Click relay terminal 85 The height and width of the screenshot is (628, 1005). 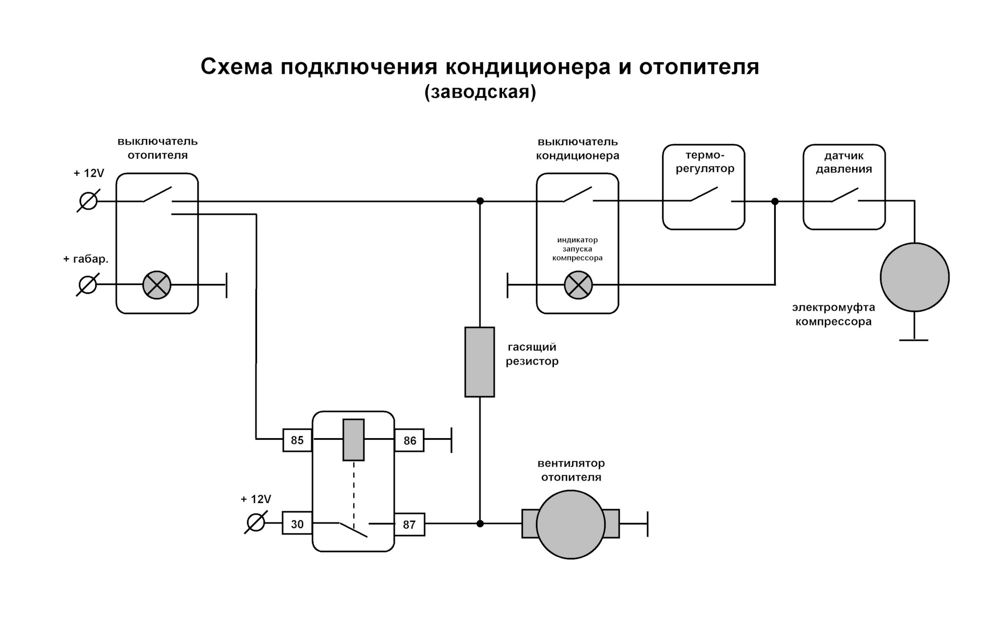pos(297,440)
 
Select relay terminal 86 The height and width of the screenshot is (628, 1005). pos(409,440)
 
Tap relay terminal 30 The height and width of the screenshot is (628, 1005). pos(297,523)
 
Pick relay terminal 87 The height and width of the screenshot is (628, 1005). pos(409,524)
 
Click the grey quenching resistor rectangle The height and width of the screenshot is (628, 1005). pos(479,362)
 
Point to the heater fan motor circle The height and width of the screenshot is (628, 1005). pos(571,524)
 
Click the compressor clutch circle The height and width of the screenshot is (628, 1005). pos(914,277)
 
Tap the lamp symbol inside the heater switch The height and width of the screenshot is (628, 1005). pos(157,285)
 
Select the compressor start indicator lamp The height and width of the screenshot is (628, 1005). pos(578,285)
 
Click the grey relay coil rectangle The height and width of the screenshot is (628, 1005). pos(353,440)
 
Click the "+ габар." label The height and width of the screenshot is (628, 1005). pos(86,259)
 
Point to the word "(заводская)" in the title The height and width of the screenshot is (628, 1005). pos(481,92)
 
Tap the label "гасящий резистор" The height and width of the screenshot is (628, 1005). pos(532,354)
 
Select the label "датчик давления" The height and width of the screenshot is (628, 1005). pos(844,162)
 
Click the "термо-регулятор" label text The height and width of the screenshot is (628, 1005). pos(705,162)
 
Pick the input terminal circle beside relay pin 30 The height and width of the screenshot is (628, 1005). pos(255,523)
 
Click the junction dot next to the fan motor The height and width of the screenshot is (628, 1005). pos(480,523)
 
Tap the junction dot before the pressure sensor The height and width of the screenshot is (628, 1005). pos(775,201)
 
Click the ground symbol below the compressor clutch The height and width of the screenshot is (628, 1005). pos(914,340)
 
